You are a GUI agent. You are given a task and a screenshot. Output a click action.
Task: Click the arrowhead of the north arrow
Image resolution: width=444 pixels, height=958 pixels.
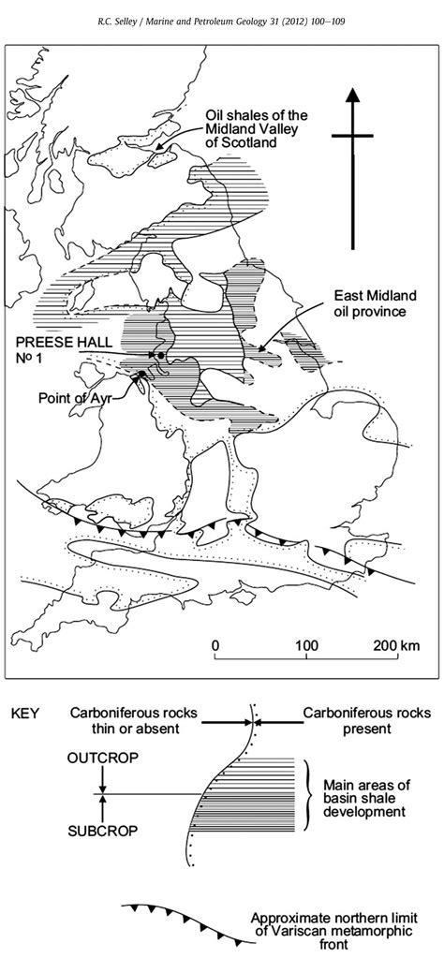click(x=352, y=98)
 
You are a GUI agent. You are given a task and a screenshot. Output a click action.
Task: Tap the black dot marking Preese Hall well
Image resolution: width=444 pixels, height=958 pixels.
click(x=161, y=355)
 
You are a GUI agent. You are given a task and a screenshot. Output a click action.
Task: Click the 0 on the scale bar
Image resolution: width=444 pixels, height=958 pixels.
click(x=215, y=646)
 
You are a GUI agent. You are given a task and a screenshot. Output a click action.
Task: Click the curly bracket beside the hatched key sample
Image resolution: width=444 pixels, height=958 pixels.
click(x=305, y=795)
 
